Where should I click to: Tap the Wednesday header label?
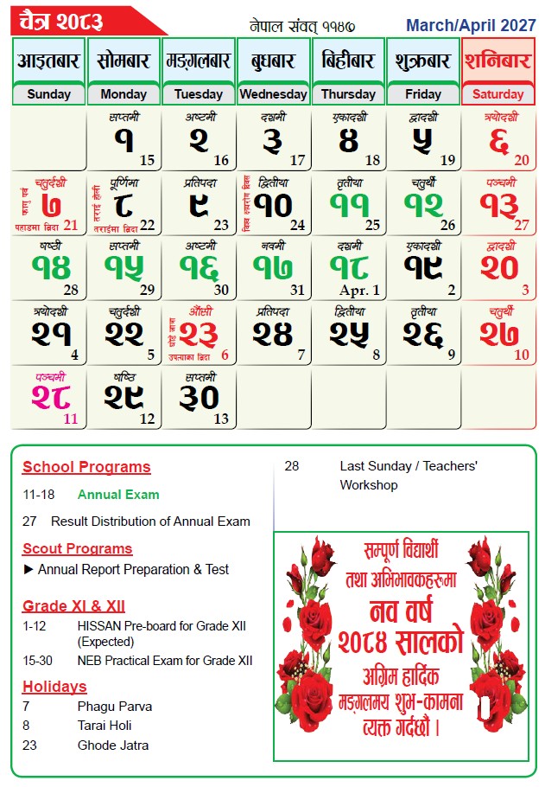(273, 94)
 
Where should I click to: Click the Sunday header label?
(48, 94)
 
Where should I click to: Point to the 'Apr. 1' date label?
(359, 291)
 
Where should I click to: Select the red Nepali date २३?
(200, 333)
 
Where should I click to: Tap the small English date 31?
(298, 291)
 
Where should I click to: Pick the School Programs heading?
(86, 467)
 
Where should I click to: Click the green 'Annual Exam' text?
(118, 495)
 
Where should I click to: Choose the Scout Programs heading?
(78, 548)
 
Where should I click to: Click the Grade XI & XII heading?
(73, 605)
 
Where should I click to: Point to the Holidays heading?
(54, 687)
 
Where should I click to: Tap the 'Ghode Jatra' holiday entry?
(113, 745)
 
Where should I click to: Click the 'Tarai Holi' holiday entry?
(105, 726)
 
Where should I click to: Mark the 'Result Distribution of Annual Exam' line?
(150, 521)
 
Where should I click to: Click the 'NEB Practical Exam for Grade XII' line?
(165, 661)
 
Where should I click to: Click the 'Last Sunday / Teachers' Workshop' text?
(408, 475)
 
